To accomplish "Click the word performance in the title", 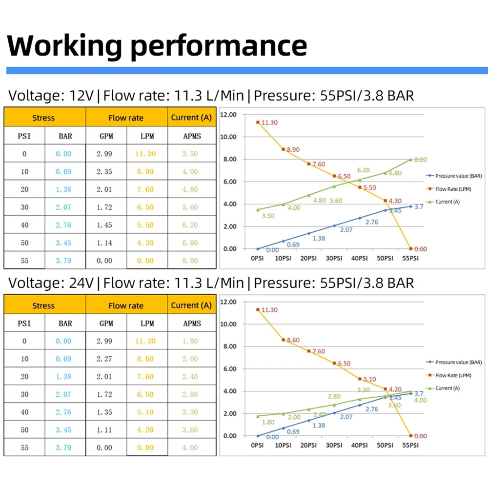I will pyautogui.click(x=220, y=45).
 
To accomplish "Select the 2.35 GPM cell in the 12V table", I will pyautogui.click(x=104, y=172).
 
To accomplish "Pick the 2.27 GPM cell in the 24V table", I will pyautogui.click(x=104, y=359).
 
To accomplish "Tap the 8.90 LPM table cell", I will pyautogui.click(x=145, y=172).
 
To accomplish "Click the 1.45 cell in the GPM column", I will pyautogui.click(x=104, y=225).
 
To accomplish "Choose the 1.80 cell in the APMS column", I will pyautogui.click(x=190, y=341).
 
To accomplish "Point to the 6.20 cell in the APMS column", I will pyautogui.click(x=190, y=225).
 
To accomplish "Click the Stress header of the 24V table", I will pyautogui.click(x=43, y=305).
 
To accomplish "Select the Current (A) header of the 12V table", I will pyautogui.click(x=191, y=117).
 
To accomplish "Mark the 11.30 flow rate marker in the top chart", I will pyautogui.click(x=258, y=122).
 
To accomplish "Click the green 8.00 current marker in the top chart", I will pyautogui.click(x=410, y=159).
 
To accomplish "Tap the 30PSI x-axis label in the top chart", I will pyautogui.click(x=334, y=258).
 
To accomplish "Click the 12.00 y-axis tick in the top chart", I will pyautogui.click(x=228, y=115).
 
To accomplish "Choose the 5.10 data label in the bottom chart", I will pyautogui.click(x=370, y=379).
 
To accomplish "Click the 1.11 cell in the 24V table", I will pyautogui.click(x=104, y=430).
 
